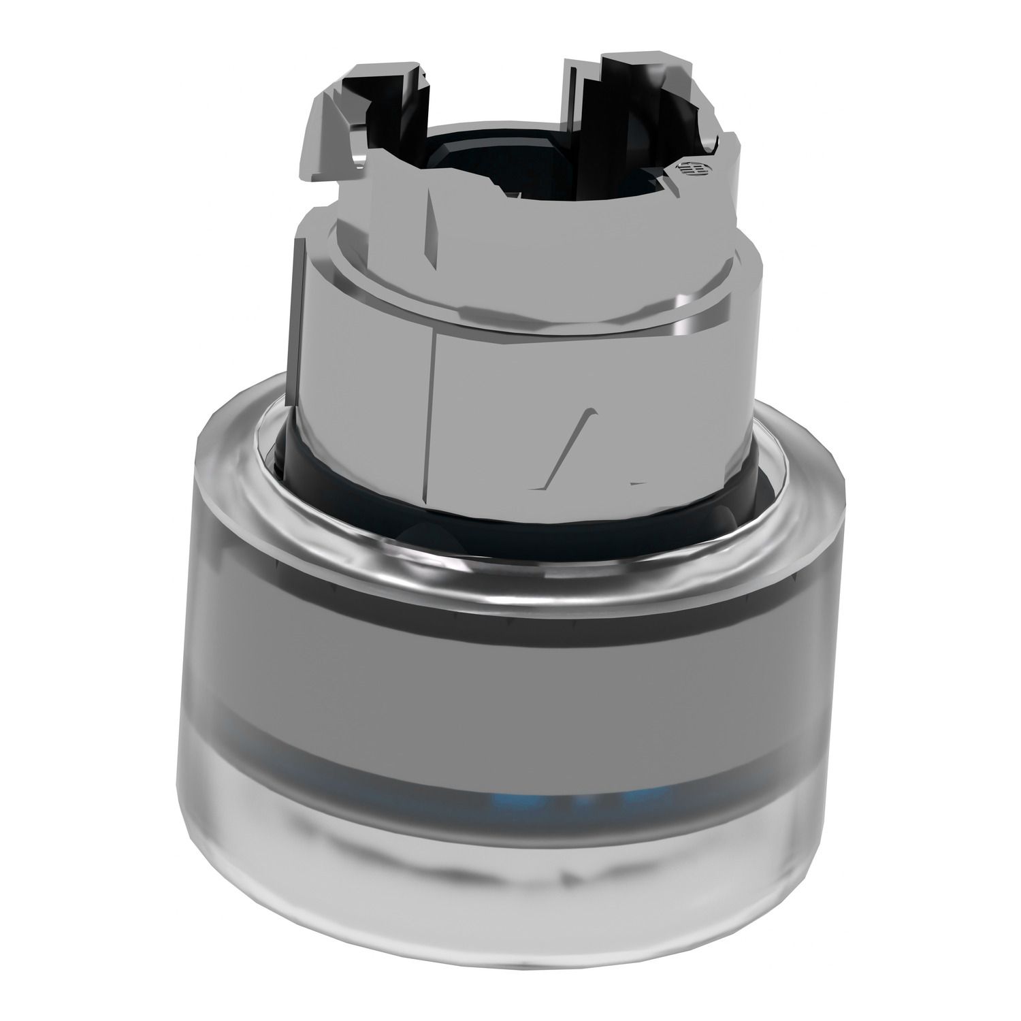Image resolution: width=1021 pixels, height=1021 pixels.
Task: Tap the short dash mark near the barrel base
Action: pos(638,483)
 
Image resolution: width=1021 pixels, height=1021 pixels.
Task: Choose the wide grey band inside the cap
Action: pos(517,681)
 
